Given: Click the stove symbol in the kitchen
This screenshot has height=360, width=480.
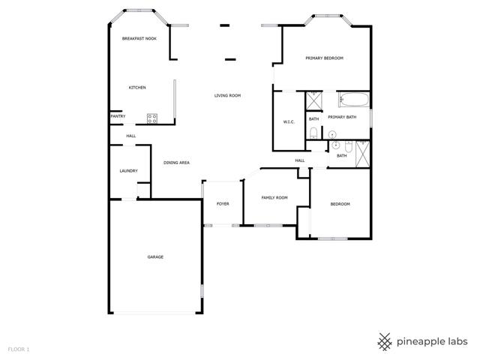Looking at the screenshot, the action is pyautogui.click(x=152, y=118).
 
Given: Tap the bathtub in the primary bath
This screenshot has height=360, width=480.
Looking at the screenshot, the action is pyautogui.click(x=354, y=100).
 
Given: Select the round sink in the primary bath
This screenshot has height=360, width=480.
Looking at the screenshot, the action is pyautogui.click(x=332, y=134).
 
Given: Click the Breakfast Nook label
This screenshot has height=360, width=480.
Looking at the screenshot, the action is pyautogui.click(x=139, y=38).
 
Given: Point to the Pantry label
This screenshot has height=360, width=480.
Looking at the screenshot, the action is pyautogui.click(x=118, y=116).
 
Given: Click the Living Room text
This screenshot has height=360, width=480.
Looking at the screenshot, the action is pyautogui.click(x=227, y=95).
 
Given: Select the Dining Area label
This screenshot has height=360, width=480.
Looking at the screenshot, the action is pyautogui.click(x=177, y=163).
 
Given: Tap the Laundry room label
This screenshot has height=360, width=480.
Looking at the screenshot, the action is pyautogui.click(x=128, y=171).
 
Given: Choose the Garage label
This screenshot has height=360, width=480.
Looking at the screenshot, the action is pyautogui.click(x=155, y=256).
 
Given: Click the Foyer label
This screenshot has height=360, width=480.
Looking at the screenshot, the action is pyautogui.click(x=223, y=203).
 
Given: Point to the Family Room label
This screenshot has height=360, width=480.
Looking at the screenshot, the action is pyautogui.click(x=274, y=198).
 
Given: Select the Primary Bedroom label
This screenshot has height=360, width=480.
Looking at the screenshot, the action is pyautogui.click(x=325, y=58).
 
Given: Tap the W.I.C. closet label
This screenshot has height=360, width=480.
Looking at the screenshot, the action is pyautogui.click(x=289, y=121).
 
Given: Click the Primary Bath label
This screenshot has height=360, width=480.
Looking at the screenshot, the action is pyautogui.click(x=342, y=117).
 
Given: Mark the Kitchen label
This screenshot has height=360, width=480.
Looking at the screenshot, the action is pyautogui.click(x=137, y=88).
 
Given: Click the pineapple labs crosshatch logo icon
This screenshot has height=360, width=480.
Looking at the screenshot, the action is pyautogui.click(x=385, y=342).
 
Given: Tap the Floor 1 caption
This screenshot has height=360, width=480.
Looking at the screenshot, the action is pyautogui.click(x=19, y=349).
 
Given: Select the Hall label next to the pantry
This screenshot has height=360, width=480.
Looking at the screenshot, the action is pyautogui.click(x=131, y=136).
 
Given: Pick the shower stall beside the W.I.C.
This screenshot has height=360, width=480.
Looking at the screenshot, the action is pyautogui.click(x=314, y=100).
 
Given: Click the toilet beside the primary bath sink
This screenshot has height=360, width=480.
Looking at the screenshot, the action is pyautogui.click(x=313, y=133).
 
